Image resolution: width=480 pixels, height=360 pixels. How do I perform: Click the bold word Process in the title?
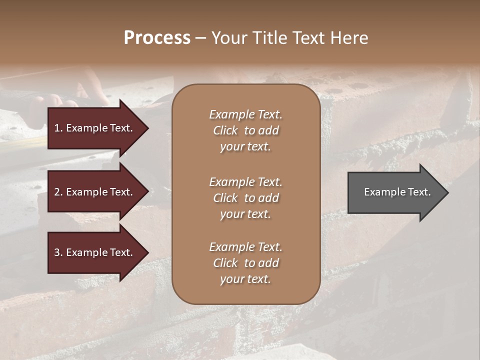157,38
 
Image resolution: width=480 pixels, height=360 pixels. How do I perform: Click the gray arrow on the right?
395,192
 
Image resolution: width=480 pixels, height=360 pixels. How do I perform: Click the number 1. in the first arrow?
58,128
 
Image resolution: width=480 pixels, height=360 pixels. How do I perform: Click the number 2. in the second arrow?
58,192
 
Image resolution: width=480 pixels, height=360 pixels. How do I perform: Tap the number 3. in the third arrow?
58,252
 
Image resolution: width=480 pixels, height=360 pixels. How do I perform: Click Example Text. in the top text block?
245,114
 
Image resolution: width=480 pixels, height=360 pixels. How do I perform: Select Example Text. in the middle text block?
245,181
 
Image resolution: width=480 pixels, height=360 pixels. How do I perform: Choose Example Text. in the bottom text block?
245,247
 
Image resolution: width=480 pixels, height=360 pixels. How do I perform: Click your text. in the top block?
245,147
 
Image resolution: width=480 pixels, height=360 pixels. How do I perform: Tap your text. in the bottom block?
245,279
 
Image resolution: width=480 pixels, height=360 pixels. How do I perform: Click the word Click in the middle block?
225,198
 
